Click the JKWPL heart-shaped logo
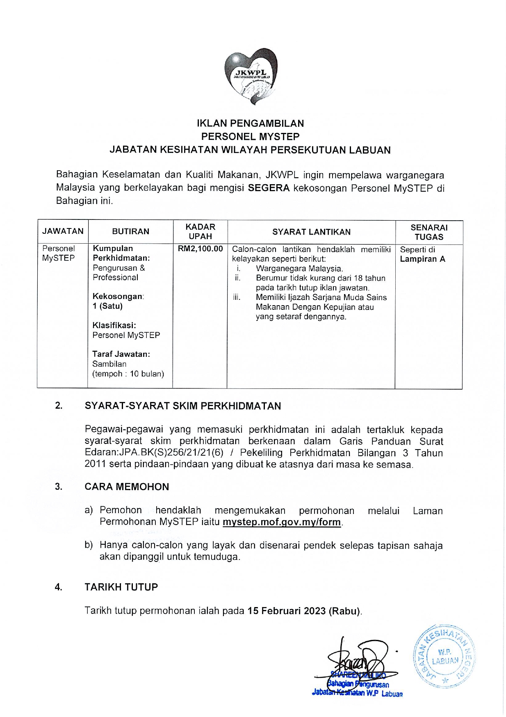(251, 76)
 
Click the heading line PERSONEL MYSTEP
(250, 137)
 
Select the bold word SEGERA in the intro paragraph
(269, 188)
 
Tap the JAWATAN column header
(63, 231)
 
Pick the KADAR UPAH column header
(200, 232)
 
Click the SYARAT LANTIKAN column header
(311, 232)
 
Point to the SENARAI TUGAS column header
(429, 232)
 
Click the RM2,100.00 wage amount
(200, 249)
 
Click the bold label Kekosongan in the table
(118, 296)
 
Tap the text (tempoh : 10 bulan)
(128, 374)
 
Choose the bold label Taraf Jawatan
(121, 354)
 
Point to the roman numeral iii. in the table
(237, 297)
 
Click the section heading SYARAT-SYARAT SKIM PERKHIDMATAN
(183, 406)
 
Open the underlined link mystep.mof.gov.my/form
(282, 522)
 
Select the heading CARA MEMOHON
(127, 487)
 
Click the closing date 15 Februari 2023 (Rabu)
(304, 611)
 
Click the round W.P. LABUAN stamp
(445, 657)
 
